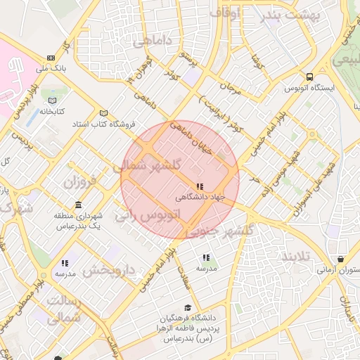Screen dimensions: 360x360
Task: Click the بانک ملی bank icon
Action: point(51,58)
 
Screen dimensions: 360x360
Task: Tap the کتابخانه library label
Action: point(51,111)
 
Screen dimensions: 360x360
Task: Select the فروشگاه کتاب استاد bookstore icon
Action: point(104,113)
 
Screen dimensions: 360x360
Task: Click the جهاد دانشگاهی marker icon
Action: point(200,186)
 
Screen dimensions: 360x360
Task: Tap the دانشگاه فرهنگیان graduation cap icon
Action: point(187,307)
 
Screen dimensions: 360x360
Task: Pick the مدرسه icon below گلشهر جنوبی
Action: point(206,258)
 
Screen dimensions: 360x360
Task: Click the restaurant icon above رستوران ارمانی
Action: point(341,259)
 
